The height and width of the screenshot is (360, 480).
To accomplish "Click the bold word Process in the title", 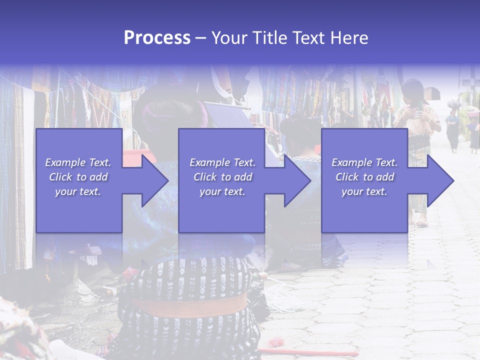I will (x=157, y=38).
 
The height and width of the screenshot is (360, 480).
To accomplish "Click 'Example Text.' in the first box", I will (x=78, y=162).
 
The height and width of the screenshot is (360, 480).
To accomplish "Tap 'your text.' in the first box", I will (x=78, y=191).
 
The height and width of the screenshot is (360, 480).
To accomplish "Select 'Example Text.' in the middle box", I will (x=222, y=162).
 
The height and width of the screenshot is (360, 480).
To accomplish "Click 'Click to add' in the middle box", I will (x=222, y=177).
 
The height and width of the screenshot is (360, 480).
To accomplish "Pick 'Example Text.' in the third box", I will (x=364, y=162).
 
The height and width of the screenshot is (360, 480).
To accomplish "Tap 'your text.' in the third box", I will (x=364, y=191).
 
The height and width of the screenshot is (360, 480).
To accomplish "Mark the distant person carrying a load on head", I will (x=453, y=125).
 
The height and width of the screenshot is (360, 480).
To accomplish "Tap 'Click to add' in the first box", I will (x=78, y=177).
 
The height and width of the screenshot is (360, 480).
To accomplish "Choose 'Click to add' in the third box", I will (x=364, y=177).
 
